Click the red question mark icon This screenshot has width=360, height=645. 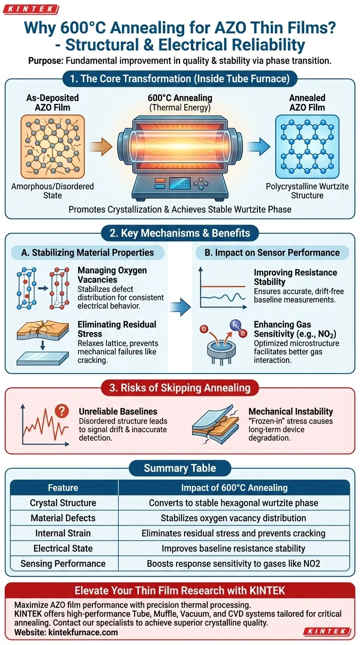pyautogui.click(x=61, y=411)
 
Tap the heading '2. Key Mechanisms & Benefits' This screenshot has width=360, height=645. pyautogui.click(x=180, y=233)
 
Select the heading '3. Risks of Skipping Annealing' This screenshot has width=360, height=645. pyautogui.click(x=180, y=388)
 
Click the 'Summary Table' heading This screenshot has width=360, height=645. pyautogui.click(x=180, y=468)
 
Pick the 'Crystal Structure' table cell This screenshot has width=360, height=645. pyautogui.click(x=63, y=503)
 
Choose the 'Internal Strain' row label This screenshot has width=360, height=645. pyautogui.click(x=63, y=533)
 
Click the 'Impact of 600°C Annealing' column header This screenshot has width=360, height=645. pyautogui.click(x=233, y=487)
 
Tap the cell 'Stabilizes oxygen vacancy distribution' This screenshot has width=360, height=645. pyautogui.click(x=233, y=518)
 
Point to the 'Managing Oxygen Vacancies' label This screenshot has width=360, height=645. pyautogui.click(x=112, y=275)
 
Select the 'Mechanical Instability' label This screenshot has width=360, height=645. pyautogui.click(x=291, y=412)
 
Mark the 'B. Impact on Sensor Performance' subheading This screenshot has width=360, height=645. pyautogui.click(x=272, y=253)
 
